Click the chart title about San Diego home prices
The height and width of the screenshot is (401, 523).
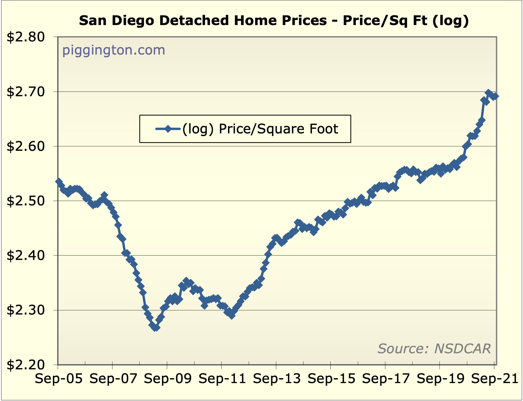(x=274, y=21)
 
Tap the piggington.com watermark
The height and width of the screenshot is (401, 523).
(x=114, y=50)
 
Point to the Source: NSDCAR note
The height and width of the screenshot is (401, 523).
(x=434, y=349)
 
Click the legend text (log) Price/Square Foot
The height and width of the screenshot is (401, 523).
(x=260, y=129)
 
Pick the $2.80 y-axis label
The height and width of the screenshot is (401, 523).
(x=26, y=37)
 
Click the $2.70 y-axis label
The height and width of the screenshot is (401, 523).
(x=26, y=92)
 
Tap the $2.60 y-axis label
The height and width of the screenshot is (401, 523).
(x=26, y=146)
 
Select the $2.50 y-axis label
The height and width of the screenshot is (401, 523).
(x=26, y=201)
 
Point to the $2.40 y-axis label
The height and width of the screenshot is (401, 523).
(x=26, y=255)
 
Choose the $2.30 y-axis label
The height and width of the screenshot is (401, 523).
(x=26, y=310)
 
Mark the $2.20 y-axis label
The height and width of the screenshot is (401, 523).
(x=26, y=365)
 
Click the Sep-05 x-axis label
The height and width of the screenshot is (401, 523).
(x=59, y=379)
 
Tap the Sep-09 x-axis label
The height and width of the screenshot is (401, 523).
(x=168, y=379)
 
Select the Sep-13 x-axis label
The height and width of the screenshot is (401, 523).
(x=277, y=379)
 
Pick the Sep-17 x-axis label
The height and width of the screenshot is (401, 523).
(x=386, y=379)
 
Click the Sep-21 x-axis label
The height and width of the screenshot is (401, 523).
(x=494, y=379)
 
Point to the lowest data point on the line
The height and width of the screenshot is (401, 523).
(x=155, y=328)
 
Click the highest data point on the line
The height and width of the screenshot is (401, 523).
(x=488, y=93)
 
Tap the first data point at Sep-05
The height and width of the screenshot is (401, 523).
(x=59, y=181)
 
